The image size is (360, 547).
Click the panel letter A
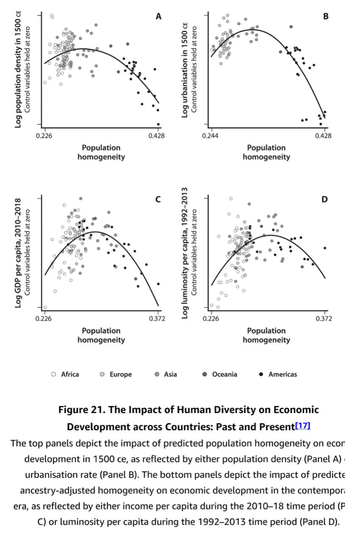point(158,17)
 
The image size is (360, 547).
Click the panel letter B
point(326,17)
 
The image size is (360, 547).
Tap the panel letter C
point(158,199)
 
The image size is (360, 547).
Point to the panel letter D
point(325,199)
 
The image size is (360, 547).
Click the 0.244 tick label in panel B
point(210,135)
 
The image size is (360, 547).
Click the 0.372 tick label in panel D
point(324,318)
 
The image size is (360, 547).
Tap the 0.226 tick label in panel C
point(44,318)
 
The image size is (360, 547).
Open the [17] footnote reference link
point(303,425)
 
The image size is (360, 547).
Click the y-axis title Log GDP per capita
point(18,254)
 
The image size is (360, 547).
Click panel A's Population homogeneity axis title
point(101,152)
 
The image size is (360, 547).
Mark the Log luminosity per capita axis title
point(185,254)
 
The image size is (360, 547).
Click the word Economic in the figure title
point(296,410)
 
